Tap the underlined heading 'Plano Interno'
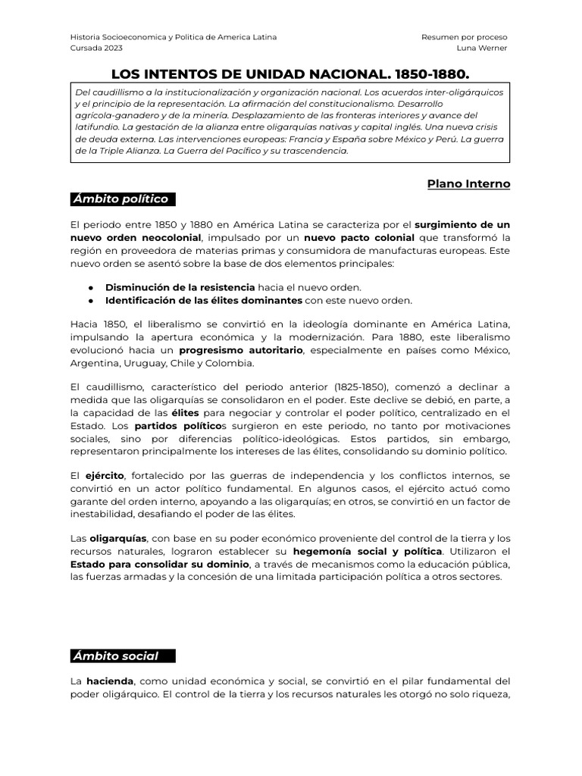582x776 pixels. click(x=468, y=183)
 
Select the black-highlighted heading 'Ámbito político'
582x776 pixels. click(x=120, y=199)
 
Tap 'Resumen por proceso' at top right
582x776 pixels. click(x=465, y=36)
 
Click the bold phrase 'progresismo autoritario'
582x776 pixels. click(x=240, y=352)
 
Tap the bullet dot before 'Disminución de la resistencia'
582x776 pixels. click(x=91, y=288)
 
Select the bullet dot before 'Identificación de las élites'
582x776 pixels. click(x=91, y=301)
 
